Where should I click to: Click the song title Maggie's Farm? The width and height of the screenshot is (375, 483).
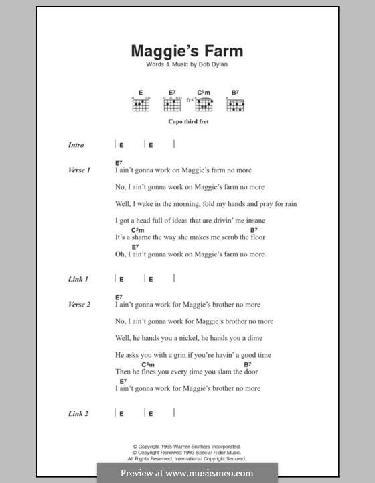(187, 51)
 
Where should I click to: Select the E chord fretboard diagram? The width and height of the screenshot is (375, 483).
(141, 105)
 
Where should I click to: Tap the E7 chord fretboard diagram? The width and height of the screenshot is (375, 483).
(171, 105)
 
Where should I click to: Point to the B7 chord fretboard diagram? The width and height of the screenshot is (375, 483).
(236, 105)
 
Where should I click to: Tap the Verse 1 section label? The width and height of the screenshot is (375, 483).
(79, 170)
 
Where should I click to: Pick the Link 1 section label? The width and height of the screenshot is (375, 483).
(78, 279)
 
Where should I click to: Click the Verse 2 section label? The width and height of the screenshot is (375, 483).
(79, 305)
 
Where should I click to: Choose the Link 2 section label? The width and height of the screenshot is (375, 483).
(78, 413)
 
